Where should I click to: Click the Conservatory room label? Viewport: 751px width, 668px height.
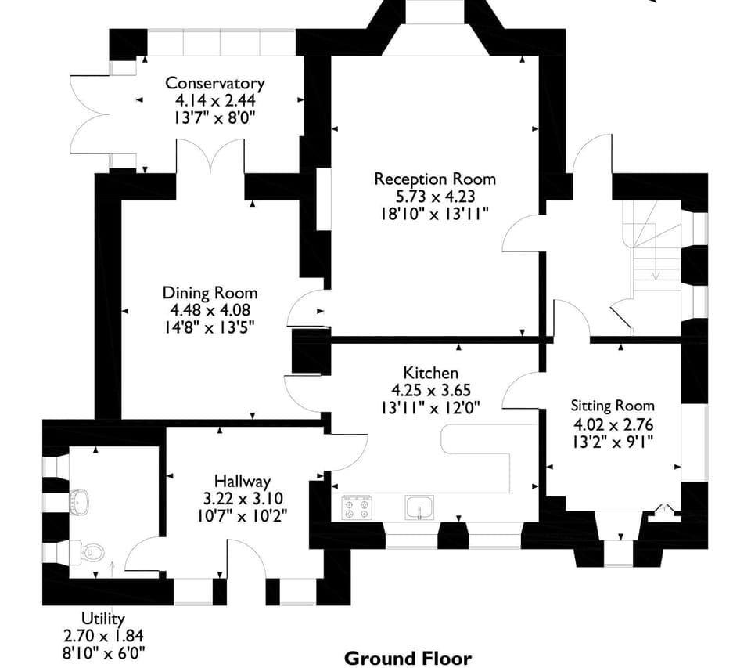coord(215,83)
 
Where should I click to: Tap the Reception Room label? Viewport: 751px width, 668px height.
coord(435,179)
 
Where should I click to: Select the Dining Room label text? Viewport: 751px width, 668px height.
coord(210,293)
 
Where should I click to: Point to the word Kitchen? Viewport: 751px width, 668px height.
coord(430,373)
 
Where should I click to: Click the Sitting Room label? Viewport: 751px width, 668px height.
coord(613,406)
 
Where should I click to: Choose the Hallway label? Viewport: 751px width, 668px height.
coord(243,482)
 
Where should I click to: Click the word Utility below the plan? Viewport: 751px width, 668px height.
coord(103,619)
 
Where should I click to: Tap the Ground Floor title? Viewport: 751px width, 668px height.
coord(408,658)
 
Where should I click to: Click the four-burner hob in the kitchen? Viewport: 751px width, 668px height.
coord(357,508)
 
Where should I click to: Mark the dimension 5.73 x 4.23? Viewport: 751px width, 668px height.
coord(435,197)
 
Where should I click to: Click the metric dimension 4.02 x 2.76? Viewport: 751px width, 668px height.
coord(613,424)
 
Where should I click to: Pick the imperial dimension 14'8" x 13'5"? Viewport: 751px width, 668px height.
coord(210,327)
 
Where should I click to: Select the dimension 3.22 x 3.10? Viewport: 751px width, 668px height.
coord(243,499)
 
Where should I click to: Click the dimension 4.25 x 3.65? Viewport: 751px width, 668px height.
coord(430,390)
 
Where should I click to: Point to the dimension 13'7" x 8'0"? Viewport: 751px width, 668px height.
coord(215,117)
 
